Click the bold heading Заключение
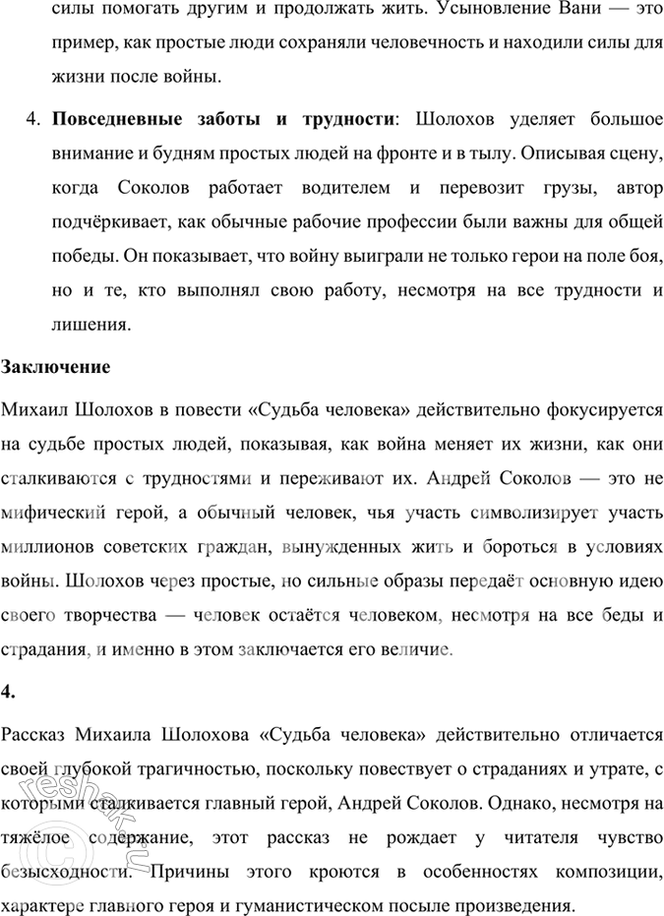click(56, 367)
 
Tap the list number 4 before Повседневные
click(31, 121)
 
